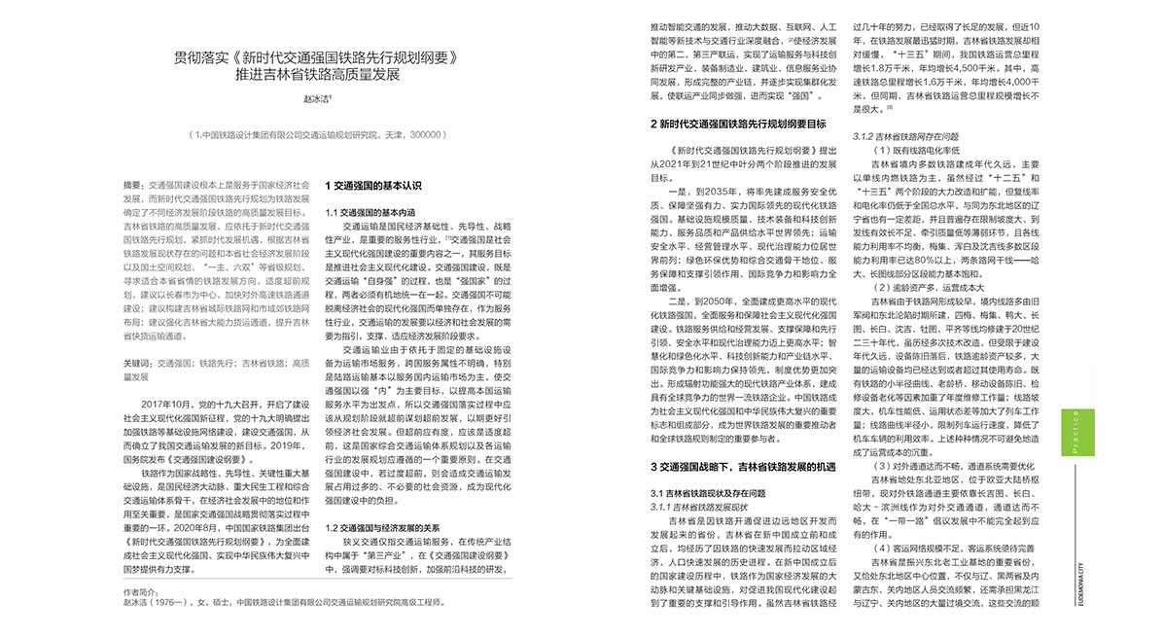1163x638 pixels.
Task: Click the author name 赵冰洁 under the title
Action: point(317,98)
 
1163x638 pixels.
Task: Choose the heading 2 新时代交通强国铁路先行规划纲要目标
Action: point(738,124)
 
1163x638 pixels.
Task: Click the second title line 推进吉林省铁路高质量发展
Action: point(317,75)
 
